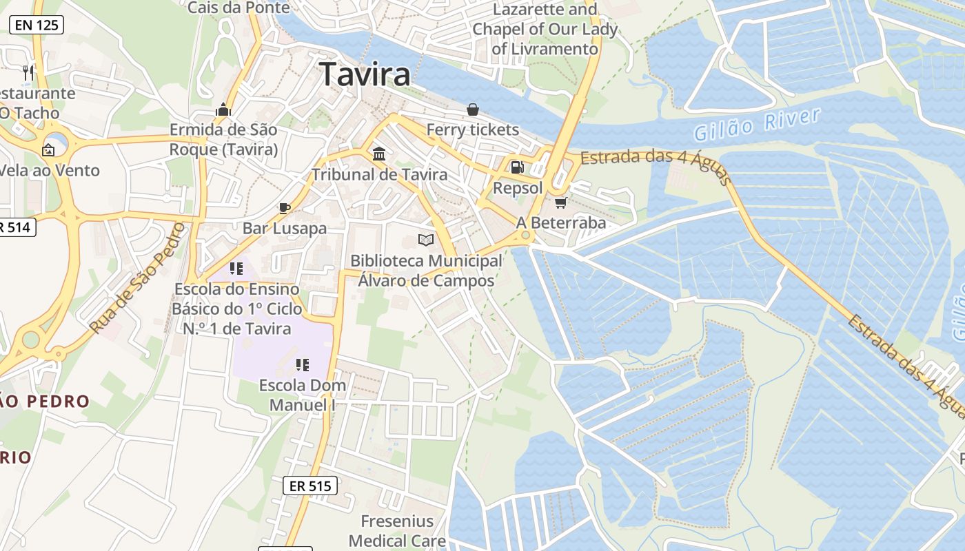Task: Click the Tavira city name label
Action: pos(365,74)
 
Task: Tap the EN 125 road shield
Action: pos(36,25)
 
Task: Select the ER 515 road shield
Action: pos(310,486)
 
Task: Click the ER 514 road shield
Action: pos(15,227)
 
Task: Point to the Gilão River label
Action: pos(757,123)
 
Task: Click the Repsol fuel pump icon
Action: pos(517,167)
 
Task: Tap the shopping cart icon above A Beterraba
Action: pos(561,202)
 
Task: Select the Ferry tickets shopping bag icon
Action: pos(473,109)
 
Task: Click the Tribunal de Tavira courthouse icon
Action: pos(379,153)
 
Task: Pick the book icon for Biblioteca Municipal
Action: pos(426,240)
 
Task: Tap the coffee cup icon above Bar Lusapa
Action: pos(284,207)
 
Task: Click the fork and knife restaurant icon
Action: pos(28,72)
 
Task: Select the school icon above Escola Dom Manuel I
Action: pos(302,364)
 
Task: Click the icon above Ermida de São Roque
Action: pos(223,110)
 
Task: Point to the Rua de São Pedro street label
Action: pos(139,278)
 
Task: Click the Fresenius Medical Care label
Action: pos(397,530)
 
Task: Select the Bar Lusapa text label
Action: pos(284,228)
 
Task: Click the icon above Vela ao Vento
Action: pos(48,149)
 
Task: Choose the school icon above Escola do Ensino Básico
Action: pos(236,268)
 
